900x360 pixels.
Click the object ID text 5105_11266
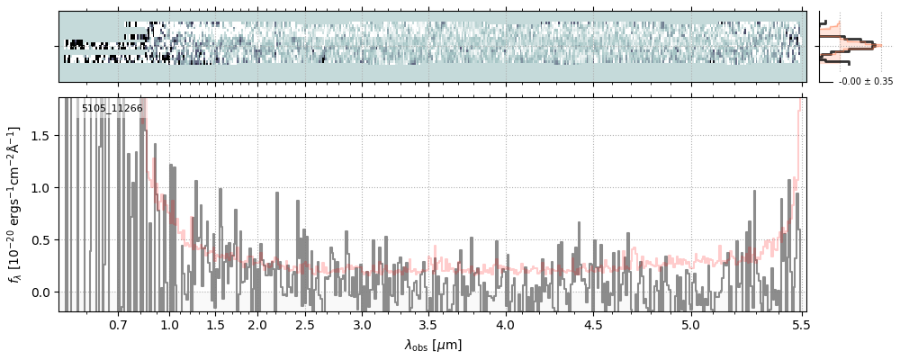(112, 109)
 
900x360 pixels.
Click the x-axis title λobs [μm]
(432, 345)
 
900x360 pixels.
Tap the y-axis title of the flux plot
(15, 204)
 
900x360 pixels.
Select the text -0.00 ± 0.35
(865, 82)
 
